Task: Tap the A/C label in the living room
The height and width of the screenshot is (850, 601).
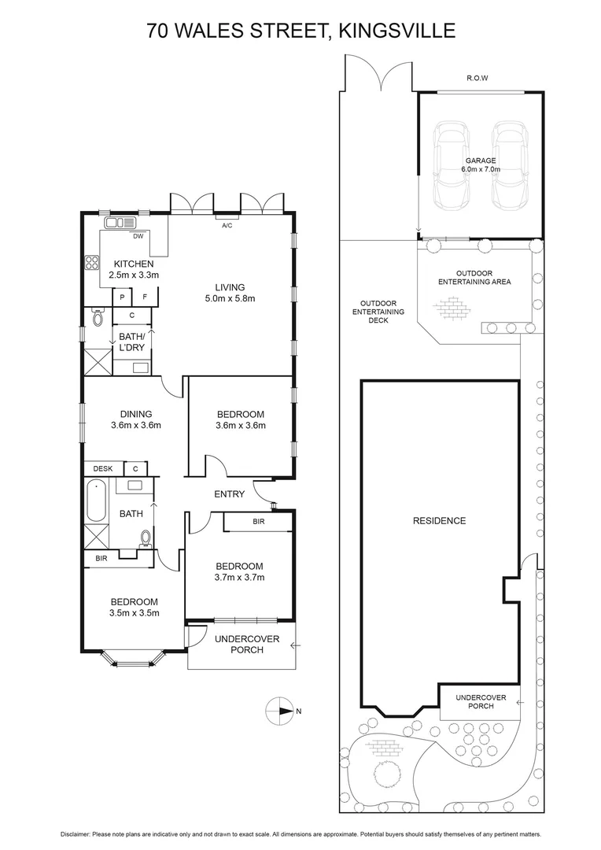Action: [227, 225]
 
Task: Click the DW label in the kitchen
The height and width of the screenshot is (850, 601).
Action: [138, 235]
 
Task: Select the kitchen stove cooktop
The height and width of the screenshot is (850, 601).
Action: [91, 263]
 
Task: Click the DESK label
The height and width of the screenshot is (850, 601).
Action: [103, 469]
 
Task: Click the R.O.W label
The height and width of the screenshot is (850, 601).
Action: [477, 79]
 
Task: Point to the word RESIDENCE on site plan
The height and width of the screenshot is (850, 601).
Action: [439, 520]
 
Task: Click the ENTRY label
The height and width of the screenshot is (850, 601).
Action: [229, 494]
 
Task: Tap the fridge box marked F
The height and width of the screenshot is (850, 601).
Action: [145, 297]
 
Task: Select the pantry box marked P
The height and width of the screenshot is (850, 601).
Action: [122, 297]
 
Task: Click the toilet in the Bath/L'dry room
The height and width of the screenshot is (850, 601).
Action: [98, 318]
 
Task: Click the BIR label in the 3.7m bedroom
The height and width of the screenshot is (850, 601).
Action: [258, 522]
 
